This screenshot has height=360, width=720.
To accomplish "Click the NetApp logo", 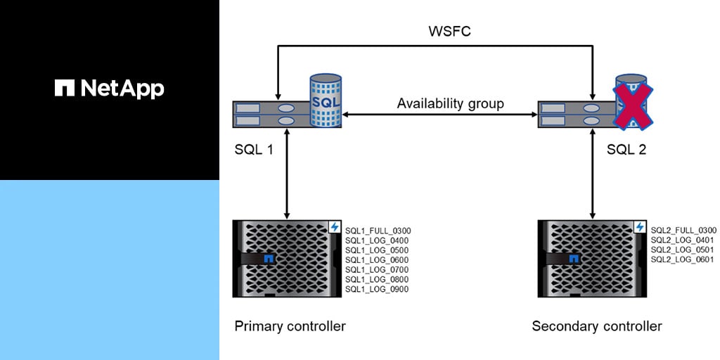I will [x=109, y=88].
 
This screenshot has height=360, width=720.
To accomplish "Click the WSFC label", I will [x=450, y=32].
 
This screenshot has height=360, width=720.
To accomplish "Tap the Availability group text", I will [x=450, y=103].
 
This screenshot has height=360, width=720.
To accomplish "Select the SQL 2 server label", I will [x=627, y=149].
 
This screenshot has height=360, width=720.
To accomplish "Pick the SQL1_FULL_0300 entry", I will [x=378, y=230].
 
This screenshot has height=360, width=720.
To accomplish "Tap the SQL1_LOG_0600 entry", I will [x=376, y=259].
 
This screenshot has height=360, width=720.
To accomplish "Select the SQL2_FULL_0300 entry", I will [x=683, y=230].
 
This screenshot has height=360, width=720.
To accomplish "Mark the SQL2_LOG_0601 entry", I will [x=682, y=259].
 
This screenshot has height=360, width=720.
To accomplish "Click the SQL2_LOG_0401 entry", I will [x=682, y=240].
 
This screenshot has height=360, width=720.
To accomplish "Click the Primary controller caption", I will [x=290, y=326].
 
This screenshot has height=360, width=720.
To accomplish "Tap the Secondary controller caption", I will [x=597, y=326].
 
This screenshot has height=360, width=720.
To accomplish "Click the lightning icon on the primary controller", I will [x=335, y=227].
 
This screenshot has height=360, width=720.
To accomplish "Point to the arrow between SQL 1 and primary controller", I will [x=286, y=176].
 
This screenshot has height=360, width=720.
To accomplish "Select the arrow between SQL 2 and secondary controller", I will [x=592, y=176].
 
